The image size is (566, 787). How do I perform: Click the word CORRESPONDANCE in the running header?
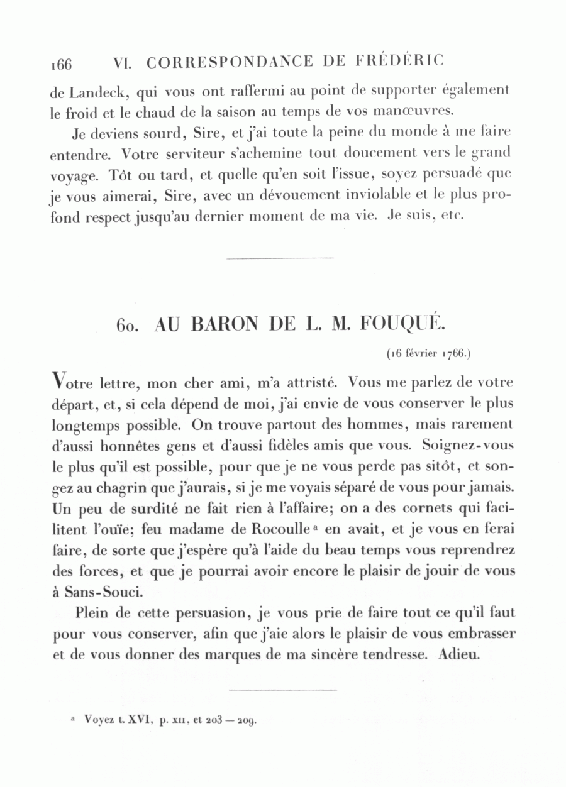point(230,62)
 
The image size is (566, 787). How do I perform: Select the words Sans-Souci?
point(103,592)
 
